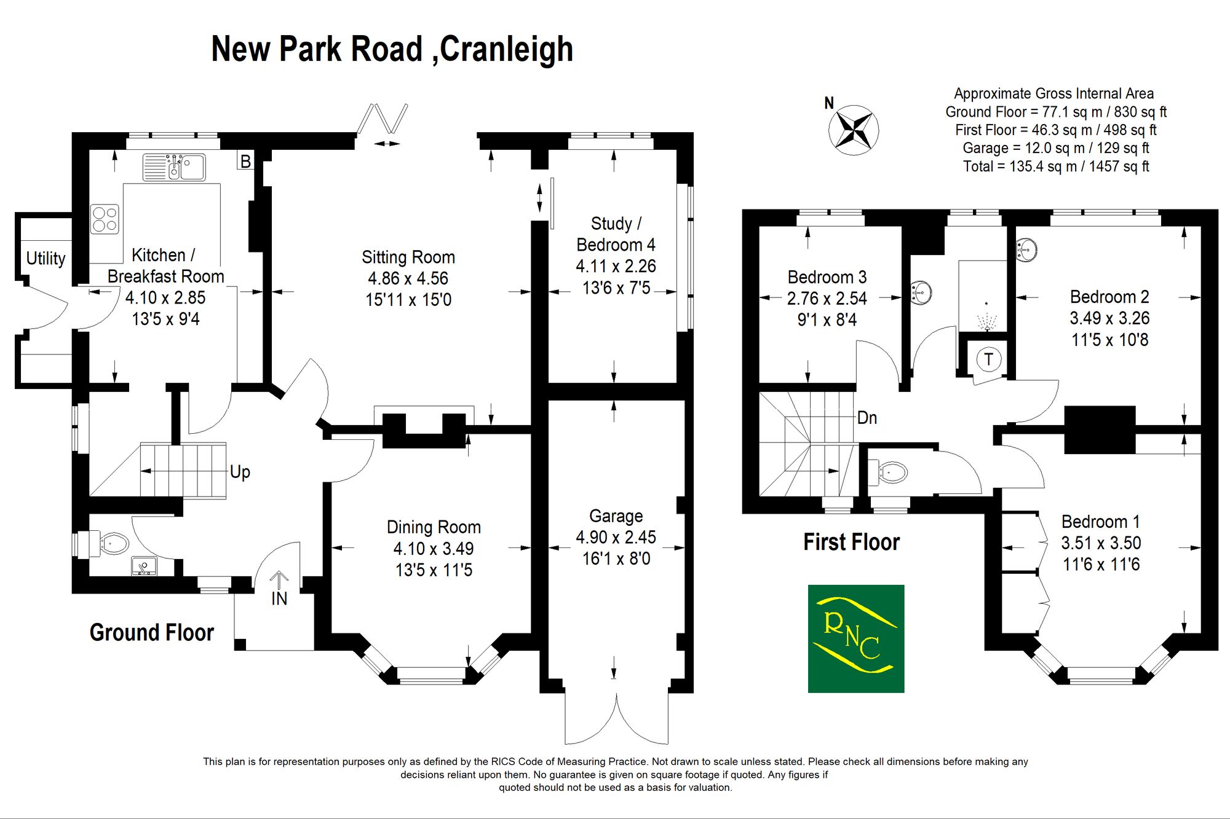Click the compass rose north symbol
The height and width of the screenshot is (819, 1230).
point(854,130)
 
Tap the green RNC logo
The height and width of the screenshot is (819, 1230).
point(856,638)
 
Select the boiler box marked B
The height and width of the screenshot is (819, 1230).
point(245,161)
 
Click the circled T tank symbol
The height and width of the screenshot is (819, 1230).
point(988,359)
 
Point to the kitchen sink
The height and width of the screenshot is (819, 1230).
point(174,167)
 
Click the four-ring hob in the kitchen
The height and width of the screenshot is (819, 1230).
point(105,219)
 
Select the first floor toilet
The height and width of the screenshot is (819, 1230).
point(889,472)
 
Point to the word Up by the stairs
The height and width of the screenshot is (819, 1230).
point(240,472)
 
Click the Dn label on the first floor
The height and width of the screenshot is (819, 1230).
point(867,418)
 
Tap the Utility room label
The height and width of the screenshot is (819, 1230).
point(46,259)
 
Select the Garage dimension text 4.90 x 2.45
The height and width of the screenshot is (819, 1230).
point(616,537)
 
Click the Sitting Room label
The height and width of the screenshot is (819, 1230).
point(408,257)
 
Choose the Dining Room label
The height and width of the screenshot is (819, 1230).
point(434,527)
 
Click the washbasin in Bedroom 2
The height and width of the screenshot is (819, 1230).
point(1026,250)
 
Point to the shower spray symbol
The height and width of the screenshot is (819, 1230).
point(986,317)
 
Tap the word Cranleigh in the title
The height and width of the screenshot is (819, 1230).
point(507,49)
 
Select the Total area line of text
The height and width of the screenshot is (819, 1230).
point(1056,166)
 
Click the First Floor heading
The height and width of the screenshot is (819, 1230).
point(851,542)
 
